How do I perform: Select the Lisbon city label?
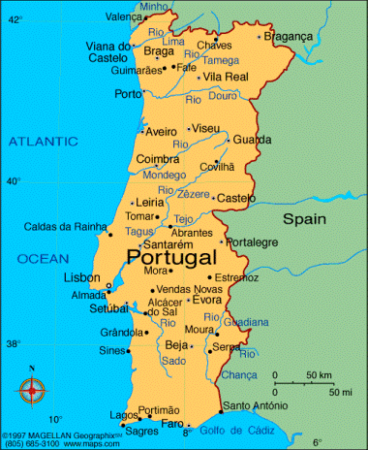[81, 277]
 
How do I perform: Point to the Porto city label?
[128, 94]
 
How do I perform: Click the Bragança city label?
[289, 35]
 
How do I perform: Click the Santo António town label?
[255, 405]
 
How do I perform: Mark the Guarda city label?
[252, 139]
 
